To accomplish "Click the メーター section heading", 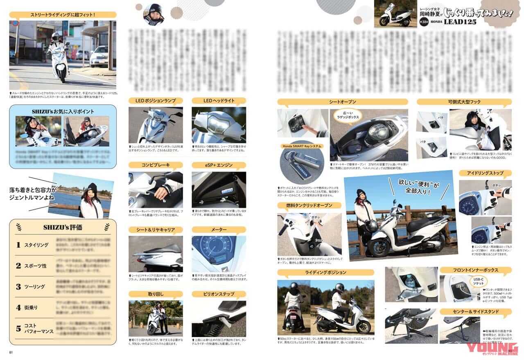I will [218, 229].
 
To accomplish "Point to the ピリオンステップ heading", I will [218, 294].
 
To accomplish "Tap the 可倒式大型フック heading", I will [463, 102].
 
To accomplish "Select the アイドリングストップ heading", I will [485, 173].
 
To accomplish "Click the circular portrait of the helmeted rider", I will [154, 14].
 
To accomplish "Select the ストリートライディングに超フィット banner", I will [62, 15].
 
